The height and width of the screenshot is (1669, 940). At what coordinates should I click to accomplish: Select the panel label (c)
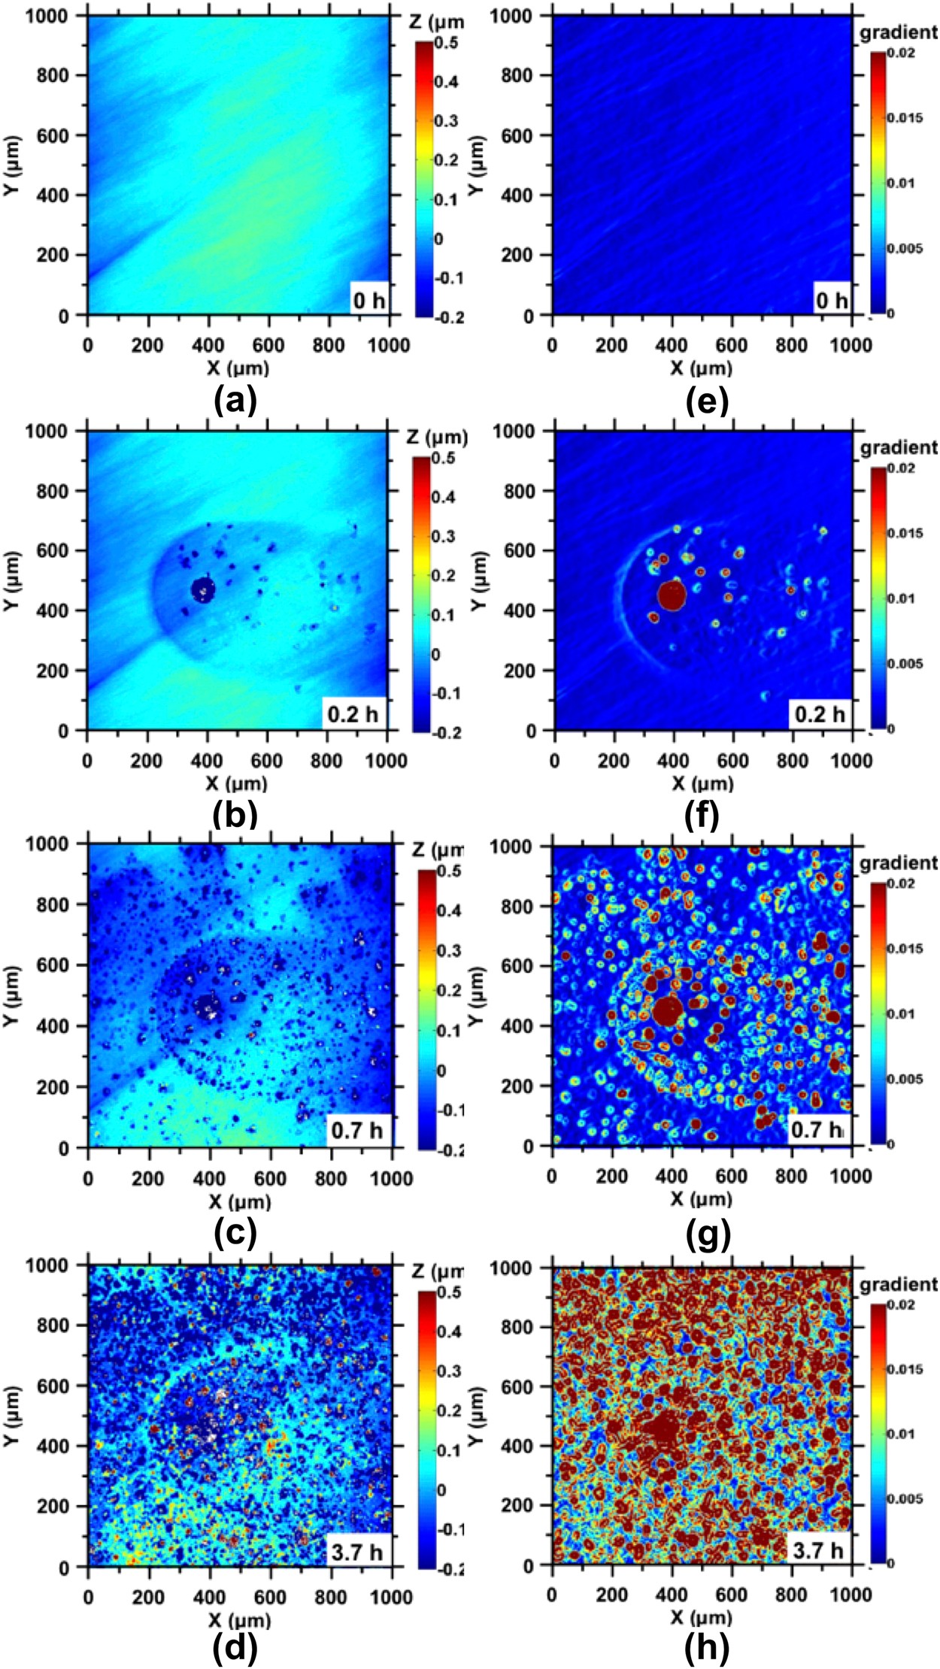tap(235, 1232)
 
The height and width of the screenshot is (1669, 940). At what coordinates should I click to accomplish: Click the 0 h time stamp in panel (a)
tap(369, 301)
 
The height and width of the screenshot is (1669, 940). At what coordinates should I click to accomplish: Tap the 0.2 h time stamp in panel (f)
tap(820, 713)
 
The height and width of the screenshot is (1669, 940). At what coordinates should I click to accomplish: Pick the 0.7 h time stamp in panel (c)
tap(356, 1130)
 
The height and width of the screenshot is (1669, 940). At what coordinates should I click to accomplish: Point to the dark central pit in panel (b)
tap(202, 589)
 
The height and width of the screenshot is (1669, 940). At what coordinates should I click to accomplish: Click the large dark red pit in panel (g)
tap(667, 1010)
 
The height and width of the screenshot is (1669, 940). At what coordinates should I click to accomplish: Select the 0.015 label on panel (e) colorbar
tap(904, 118)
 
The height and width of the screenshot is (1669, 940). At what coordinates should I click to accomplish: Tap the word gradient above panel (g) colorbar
tap(899, 862)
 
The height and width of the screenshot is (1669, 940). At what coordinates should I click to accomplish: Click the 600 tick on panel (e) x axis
tap(731, 345)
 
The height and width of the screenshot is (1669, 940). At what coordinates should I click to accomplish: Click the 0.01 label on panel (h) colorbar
tap(901, 1434)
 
